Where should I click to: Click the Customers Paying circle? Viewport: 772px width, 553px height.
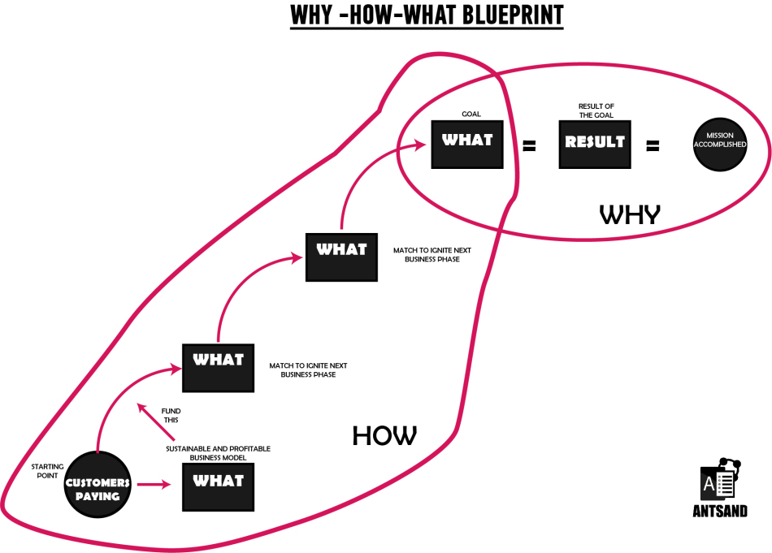click(98, 483)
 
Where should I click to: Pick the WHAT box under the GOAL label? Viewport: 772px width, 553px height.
click(467, 140)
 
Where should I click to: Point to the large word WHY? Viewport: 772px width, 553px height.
click(630, 214)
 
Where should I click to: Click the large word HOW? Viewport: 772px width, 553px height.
click(384, 436)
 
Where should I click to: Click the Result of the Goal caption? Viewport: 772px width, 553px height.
click(595, 110)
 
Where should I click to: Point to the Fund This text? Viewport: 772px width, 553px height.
click(170, 416)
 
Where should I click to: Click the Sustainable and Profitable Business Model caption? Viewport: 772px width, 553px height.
click(218, 453)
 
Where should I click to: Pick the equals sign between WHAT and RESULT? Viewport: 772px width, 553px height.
click(529, 146)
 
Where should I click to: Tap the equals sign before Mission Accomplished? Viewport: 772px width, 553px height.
click(652, 146)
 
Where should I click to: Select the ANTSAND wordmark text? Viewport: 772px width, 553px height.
click(720, 512)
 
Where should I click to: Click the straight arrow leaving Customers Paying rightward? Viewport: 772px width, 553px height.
click(154, 485)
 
